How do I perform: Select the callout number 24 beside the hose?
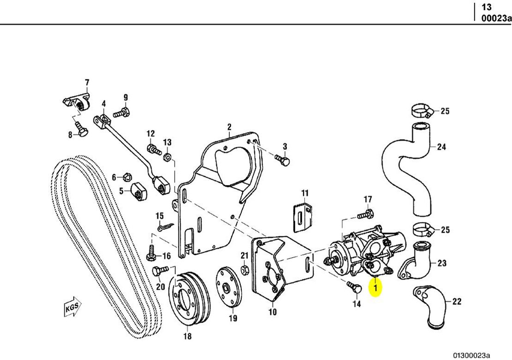tap(441, 148)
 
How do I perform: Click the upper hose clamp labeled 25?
tap(421, 111)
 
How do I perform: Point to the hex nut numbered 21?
tap(245, 268)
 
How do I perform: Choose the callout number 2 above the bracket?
tap(229, 127)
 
